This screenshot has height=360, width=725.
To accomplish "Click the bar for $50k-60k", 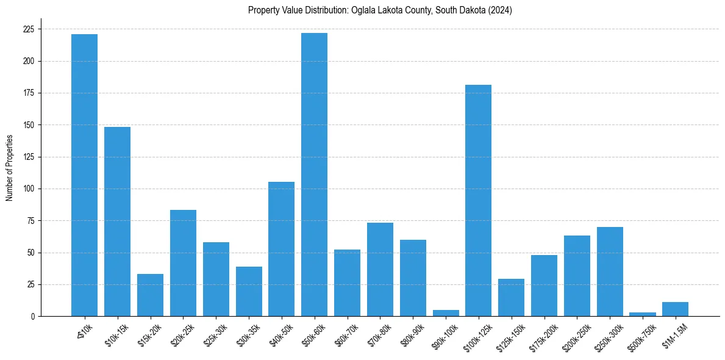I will click(x=314, y=175).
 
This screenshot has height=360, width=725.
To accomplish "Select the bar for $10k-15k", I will click(x=117, y=221).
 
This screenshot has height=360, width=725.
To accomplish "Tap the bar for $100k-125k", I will click(x=478, y=200).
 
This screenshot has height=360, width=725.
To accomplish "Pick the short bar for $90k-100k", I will click(x=445, y=313).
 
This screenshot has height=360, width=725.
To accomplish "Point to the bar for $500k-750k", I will click(x=643, y=314).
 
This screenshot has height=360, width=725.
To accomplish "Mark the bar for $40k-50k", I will click(x=281, y=249).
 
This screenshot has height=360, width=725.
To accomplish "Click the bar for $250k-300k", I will click(x=610, y=272).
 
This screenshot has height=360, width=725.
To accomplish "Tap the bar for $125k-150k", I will click(x=511, y=298).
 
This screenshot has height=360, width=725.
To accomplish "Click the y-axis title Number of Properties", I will click(x=9, y=167).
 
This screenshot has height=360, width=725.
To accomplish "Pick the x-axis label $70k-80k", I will click(x=380, y=334).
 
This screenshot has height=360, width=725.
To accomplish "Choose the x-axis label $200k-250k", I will click(x=576, y=336).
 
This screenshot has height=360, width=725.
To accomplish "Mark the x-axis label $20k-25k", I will click(x=182, y=334).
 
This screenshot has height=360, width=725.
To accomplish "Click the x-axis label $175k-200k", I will click(x=543, y=336).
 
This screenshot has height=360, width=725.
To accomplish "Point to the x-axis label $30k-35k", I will click(x=248, y=334).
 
